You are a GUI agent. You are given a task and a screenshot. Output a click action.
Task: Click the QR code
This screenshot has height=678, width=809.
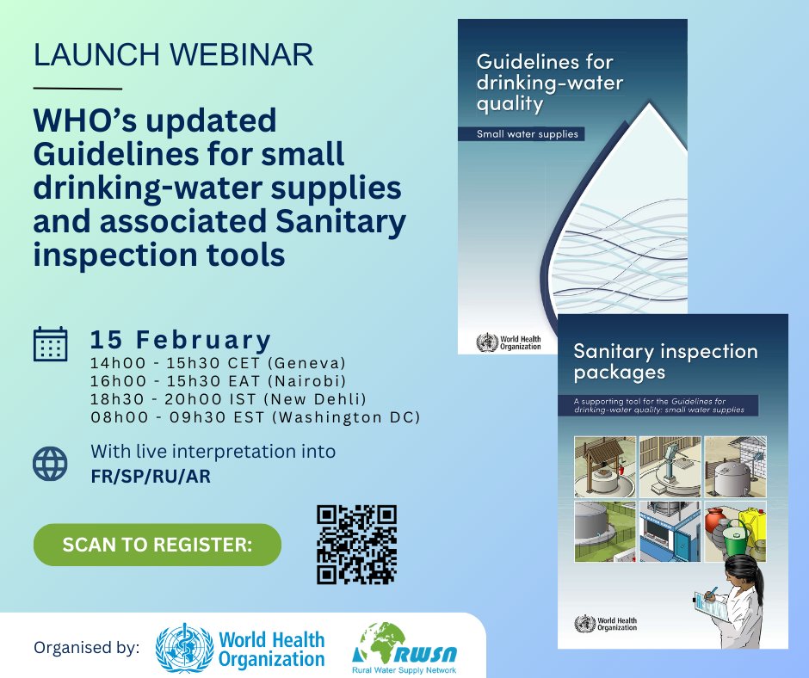click(357, 545)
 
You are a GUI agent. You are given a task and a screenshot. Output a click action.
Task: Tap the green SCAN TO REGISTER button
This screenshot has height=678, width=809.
click(157, 545)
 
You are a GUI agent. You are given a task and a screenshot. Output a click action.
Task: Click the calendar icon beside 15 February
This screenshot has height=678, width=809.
click(50, 342)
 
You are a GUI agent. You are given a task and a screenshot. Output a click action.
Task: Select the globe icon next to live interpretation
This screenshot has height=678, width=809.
click(50, 463)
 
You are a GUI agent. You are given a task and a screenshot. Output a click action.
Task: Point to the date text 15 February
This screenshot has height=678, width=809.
click(181, 338)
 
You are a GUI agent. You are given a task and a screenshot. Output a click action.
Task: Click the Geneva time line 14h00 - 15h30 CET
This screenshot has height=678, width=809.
click(218, 361)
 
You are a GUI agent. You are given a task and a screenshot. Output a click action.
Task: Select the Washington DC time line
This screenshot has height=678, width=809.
click(255, 418)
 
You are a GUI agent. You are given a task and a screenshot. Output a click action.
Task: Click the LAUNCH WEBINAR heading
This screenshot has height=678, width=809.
click(172, 56)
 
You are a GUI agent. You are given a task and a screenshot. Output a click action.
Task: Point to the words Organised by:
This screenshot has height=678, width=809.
click(86, 648)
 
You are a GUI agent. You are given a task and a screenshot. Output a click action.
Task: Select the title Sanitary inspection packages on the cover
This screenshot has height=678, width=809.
click(665, 361)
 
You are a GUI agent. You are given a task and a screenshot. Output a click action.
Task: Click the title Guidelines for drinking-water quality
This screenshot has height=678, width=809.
click(551, 84)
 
